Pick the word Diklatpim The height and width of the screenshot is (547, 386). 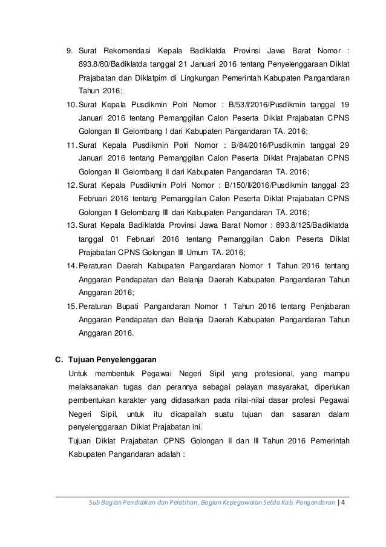[x=157, y=79]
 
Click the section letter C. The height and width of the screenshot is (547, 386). [x=59, y=359]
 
